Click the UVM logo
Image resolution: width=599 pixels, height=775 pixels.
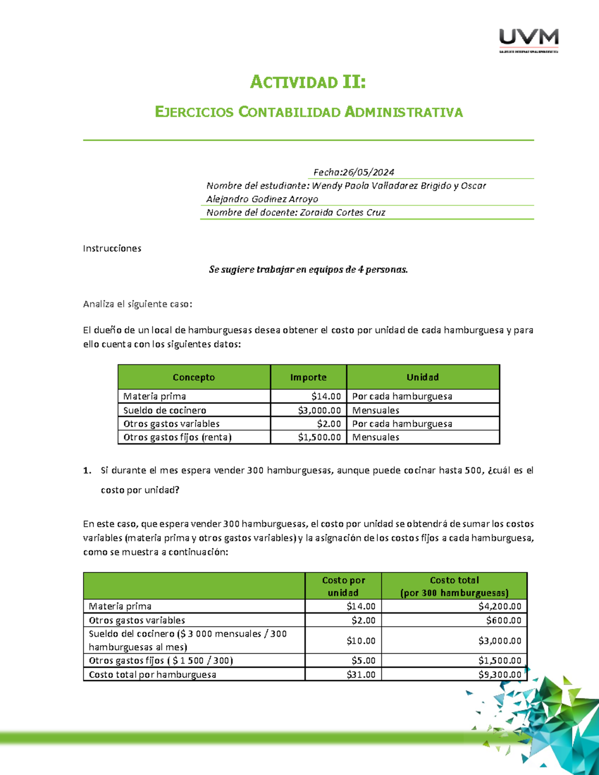pos(529,40)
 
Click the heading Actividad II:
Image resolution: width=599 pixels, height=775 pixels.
pos(308,82)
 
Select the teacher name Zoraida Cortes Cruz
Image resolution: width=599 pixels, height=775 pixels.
pos(342,213)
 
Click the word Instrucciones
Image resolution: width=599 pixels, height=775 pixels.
pos(112,249)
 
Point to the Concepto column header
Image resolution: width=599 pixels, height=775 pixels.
pos(194,377)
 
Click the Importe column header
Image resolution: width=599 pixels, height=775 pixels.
pos(308,377)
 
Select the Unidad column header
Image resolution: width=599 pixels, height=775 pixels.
pos(422,377)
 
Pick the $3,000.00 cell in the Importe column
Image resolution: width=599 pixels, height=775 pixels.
pos(319,410)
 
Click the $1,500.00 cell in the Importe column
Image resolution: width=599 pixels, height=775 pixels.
pos(319,437)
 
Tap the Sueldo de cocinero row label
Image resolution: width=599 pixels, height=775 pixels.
pos(165,410)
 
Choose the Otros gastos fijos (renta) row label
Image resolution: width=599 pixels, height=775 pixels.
pos(177,437)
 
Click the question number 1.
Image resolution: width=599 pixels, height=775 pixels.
pos(87,471)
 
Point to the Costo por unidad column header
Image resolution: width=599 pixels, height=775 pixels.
pos(343,586)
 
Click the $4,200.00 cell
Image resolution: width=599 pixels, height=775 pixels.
pos(500,606)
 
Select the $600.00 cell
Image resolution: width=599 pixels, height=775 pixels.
pos(504,620)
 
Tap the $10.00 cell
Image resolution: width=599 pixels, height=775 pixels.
pos(361,641)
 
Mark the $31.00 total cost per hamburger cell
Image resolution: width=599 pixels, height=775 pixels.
pos(361,675)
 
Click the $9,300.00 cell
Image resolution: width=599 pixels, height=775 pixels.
pos(500,675)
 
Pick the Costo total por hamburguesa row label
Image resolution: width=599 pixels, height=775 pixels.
pos(152,675)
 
